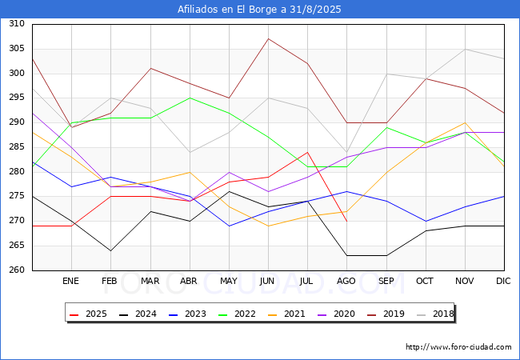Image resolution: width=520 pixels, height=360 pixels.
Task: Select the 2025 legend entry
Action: click(88, 314)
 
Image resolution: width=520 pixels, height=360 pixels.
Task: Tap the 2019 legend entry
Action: click(386, 314)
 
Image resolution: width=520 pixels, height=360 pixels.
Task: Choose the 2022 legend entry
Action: click(237, 314)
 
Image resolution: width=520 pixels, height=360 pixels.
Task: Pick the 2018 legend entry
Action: click(435, 314)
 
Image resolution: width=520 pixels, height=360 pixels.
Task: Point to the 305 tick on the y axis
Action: click(17, 48)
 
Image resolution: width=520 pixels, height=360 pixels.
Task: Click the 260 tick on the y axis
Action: click(17, 270)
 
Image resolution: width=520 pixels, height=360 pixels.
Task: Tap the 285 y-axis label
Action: click(17, 147)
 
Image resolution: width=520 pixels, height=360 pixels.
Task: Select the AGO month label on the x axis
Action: click(346, 281)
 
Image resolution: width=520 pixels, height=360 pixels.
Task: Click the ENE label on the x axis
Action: click(70, 281)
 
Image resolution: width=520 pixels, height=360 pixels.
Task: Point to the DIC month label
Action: click(503, 281)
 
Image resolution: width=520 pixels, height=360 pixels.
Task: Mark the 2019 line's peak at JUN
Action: click(268, 38)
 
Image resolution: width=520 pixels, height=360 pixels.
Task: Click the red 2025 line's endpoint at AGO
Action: click(347, 221)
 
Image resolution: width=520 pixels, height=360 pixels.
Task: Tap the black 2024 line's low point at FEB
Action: click(110, 250)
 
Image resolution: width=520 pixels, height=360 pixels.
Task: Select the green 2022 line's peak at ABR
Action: click(190, 98)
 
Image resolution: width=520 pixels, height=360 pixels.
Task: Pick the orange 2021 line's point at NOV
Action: click(466, 122)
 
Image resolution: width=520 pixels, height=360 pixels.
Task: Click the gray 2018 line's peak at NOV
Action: click(466, 49)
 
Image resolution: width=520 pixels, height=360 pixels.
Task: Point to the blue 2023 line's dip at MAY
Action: click(229, 226)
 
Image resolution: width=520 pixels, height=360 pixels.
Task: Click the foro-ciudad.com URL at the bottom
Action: click(458, 347)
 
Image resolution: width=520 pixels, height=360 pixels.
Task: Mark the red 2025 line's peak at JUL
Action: click(308, 152)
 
